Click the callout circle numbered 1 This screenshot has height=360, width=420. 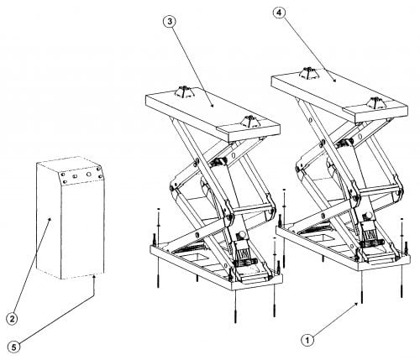coord(307,340)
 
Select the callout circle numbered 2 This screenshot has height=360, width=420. coord(12,319)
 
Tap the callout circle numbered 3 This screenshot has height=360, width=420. coord(170,22)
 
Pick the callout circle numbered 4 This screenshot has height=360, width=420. coord(280,13)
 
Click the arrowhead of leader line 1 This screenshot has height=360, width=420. coord(357,304)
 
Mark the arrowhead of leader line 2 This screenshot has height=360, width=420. coord(50,219)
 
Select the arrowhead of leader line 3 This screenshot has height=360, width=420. coord(212,105)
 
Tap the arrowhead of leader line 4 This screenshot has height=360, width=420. coord(334,80)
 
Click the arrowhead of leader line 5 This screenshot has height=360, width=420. coord(95,277)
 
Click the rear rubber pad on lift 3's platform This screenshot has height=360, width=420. coord(183,92)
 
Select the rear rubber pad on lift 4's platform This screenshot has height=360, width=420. coord(309,73)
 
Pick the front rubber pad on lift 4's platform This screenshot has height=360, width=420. coord(377,102)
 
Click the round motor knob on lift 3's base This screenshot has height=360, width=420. coord(242,235)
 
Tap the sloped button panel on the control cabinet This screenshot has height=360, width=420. coord(81,175)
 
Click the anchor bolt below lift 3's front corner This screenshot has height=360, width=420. coord(235,307)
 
